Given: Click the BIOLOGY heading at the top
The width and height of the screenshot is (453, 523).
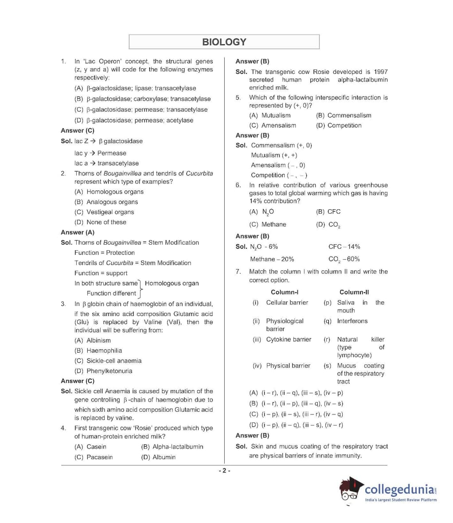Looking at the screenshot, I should [224, 42].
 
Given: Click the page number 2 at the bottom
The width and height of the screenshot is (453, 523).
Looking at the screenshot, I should [224, 471].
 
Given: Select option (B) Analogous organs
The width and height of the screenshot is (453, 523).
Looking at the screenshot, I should [106, 202].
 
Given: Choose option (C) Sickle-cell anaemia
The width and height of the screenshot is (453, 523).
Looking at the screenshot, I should [108, 360].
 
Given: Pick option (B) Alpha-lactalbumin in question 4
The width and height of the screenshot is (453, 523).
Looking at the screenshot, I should [172, 446].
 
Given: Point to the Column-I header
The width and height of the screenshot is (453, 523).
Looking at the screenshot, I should [284, 292].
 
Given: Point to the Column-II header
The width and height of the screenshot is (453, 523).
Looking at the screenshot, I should [354, 292].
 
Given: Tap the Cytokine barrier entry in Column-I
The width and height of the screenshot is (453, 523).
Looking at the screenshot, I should [289, 339].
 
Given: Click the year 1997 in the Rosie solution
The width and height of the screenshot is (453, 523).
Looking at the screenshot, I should [381, 71].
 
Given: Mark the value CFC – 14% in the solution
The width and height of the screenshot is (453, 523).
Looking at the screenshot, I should [344, 246].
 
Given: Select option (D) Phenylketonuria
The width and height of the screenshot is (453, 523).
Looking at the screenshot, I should [103, 371].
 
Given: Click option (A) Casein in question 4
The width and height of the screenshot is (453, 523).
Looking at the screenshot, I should [90, 446].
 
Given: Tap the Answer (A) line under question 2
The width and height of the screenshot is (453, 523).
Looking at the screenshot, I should [78, 232].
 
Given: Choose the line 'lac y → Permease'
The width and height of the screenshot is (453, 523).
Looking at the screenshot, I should [100, 153].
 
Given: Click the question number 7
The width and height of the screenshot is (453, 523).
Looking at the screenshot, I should [238, 271].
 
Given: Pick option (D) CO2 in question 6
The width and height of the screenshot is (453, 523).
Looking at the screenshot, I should [328, 225].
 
